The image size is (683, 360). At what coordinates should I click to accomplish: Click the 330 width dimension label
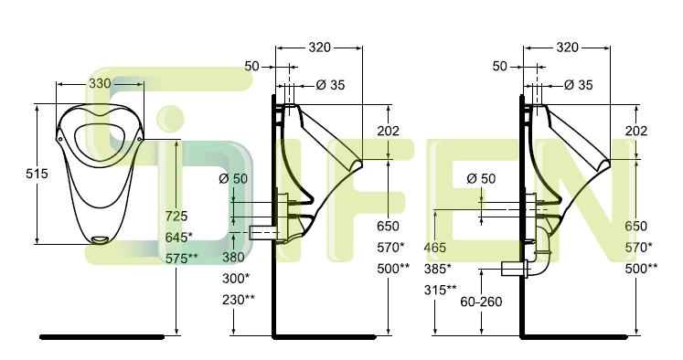pyautogui.click(x=100, y=83)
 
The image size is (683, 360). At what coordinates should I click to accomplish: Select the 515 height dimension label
pyautogui.click(x=37, y=174)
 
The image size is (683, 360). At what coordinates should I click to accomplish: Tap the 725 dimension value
pyautogui.click(x=176, y=216)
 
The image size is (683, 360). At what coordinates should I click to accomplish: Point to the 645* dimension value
pyautogui.click(x=179, y=238)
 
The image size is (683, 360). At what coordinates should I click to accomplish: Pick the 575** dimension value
pyautogui.click(x=182, y=259)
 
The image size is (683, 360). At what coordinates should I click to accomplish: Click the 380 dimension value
pyautogui.click(x=233, y=258)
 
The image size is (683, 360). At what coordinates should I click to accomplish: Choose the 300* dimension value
pyautogui.click(x=236, y=278)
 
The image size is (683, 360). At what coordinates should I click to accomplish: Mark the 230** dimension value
pyautogui.click(x=239, y=300)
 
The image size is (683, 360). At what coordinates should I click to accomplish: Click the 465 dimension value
pyautogui.click(x=435, y=248)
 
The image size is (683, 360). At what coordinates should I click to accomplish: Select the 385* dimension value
pyautogui.click(x=438, y=269)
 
